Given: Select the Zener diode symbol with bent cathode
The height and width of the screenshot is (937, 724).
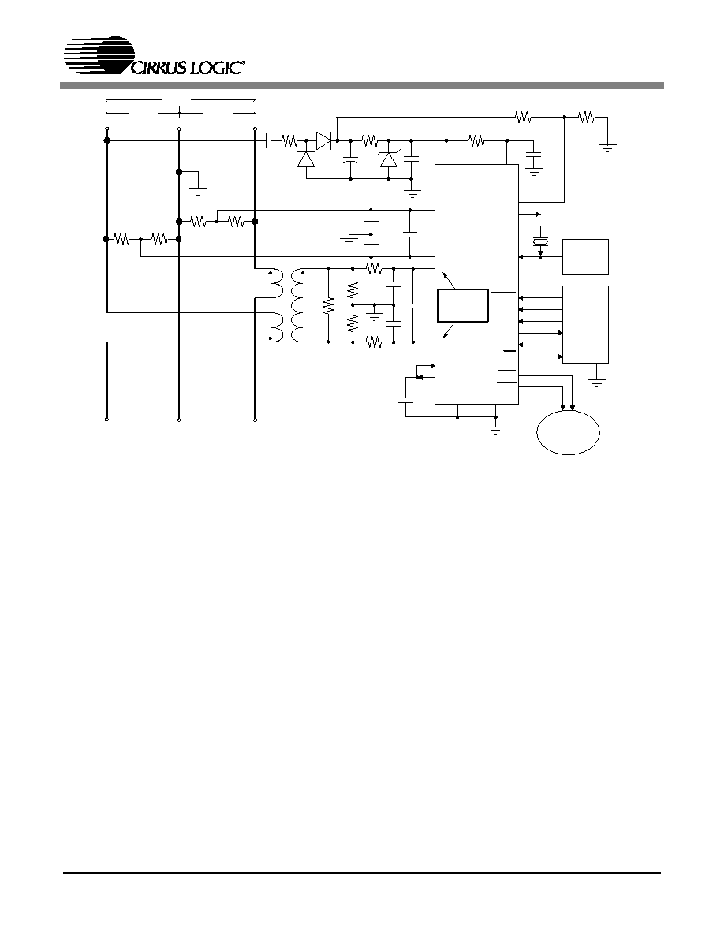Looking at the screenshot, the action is point(389,159).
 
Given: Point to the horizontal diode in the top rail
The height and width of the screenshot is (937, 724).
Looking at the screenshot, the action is point(324,141).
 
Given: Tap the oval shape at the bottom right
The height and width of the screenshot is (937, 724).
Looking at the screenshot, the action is point(568,433).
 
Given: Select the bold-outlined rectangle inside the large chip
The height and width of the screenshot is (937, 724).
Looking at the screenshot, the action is point(463,305).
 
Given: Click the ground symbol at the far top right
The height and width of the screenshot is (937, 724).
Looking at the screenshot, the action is point(607,147).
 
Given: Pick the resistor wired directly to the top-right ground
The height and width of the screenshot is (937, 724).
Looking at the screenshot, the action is point(586,118).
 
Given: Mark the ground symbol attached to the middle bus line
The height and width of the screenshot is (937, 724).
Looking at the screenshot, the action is point(198,191).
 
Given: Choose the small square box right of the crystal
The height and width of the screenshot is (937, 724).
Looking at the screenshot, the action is point(585,257).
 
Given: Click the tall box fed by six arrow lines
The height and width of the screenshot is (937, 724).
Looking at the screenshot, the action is point(585,324).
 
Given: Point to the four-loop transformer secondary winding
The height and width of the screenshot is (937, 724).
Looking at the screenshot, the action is point(297,307).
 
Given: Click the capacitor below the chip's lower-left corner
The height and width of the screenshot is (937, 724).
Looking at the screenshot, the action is point(406,398).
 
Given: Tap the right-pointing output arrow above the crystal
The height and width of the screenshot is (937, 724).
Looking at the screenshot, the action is point(530,213).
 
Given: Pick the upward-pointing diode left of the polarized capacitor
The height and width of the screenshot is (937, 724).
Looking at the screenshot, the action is point(306,159).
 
